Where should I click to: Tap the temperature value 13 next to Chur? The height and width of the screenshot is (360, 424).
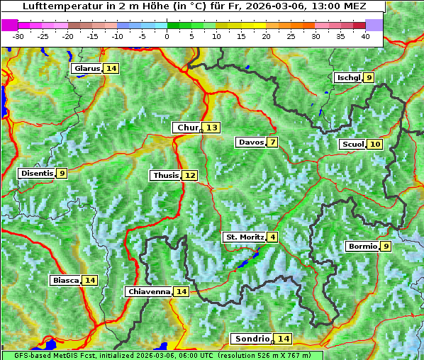(x=213, y=128)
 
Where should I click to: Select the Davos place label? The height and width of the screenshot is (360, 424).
(x=251, y=142)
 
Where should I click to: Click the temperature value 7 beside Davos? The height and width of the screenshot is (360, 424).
(x=272, y=142)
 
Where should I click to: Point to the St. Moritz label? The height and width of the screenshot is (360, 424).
(x=245, y=237)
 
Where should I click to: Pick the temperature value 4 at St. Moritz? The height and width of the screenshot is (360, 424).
(x=272, y=237)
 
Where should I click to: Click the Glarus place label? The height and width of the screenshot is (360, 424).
(x=87, y=68)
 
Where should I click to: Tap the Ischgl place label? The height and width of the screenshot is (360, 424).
(x=348, y=77)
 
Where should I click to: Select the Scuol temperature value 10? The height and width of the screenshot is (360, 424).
(x=375, y=144)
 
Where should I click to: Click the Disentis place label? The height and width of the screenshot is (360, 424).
(x=37, y=173)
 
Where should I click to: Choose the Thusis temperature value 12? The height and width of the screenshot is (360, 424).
(x=189, y=175)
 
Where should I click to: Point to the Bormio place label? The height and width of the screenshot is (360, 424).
(x=362, y=247)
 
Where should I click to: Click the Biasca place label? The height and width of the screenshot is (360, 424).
(x=66, y=280)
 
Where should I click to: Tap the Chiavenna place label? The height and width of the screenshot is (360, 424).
(x=149, y=291)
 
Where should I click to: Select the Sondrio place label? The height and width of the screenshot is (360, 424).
(x=252, y=339)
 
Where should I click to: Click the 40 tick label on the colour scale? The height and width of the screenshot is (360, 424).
(x=365, y=36)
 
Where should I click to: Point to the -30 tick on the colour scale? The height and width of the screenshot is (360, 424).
(x=18, y=36)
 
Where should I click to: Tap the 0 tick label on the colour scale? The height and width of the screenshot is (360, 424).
(x=167, y=36)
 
